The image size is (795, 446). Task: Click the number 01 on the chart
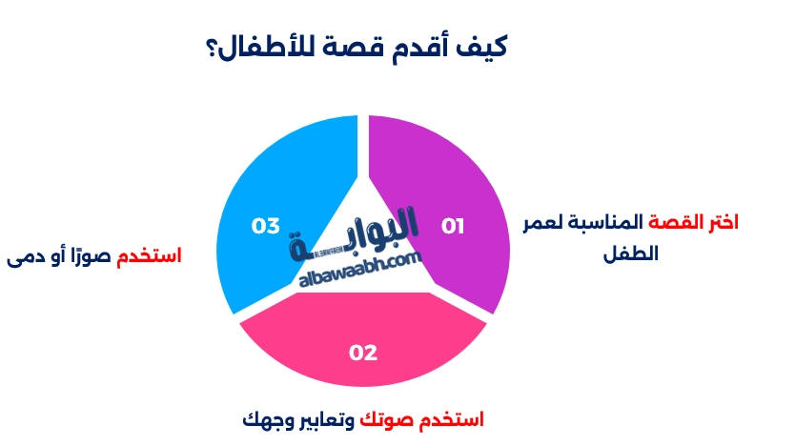pos(452,226)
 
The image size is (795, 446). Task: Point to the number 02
pos(363,353)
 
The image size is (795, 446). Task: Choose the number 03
pos(265,226)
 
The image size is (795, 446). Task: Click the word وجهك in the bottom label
pos(268,418)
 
